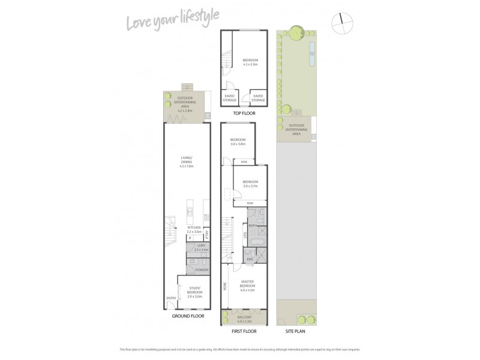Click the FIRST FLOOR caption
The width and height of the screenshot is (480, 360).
[x=243, y=331]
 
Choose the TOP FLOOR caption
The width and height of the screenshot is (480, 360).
[x=244, y=113]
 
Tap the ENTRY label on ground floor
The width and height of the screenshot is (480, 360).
[x=171, y=298]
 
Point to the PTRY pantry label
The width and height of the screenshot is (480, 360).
[x=207, y=233]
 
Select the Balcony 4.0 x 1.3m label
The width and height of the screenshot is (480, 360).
[x=244, y=318]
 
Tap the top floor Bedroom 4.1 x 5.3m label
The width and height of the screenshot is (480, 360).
[x=250, y=62]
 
